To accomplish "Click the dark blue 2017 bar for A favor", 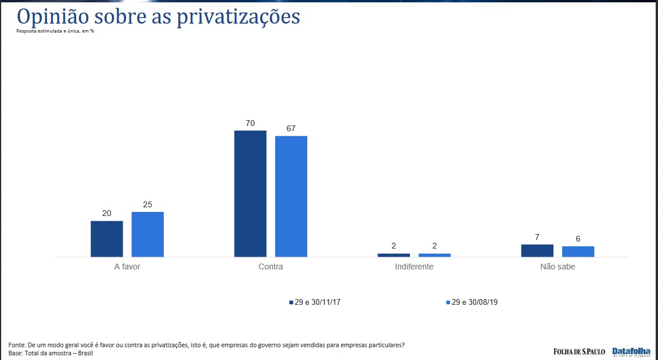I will [x=107, y=239].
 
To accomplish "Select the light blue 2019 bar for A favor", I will [x=148, y=234].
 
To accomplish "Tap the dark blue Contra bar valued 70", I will [x=250, y=193].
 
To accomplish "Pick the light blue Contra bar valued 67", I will [x=291, y=196].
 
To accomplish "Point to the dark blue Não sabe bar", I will [x=537, y=250].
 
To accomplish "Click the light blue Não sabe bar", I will [x=578, y=251].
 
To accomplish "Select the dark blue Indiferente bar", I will [x=394, y=255].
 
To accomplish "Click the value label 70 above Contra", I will [x=250, y=123].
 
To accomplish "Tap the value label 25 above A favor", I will [x=148, y=204].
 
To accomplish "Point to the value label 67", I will [x=291, y=128].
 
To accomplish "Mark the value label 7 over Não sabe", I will [x=537, y=237].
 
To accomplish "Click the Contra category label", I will [x=271, y=267].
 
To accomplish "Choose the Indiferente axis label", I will [x=414, y=267].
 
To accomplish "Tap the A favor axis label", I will [x=127, y=267].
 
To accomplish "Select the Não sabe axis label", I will [x=558, y=267].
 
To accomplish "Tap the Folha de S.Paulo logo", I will [x=578, y=351].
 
